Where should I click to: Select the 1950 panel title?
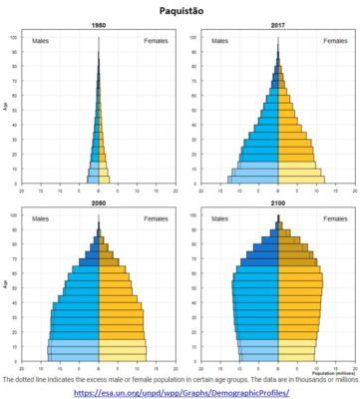pos(98,25)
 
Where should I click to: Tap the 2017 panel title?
pos(277,25)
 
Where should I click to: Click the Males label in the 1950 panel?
pos(40,41)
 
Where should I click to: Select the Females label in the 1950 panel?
pos(155,41)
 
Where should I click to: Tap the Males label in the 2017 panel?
pos(219,41)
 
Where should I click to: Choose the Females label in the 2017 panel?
pos(334,41)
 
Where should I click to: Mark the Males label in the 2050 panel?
pos(40,218)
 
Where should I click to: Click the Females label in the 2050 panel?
pos(155,218)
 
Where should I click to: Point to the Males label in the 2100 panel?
pos(219,218)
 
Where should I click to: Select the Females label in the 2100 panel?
pos(334,218)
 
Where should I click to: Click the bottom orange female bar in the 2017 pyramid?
pos(301,181)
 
